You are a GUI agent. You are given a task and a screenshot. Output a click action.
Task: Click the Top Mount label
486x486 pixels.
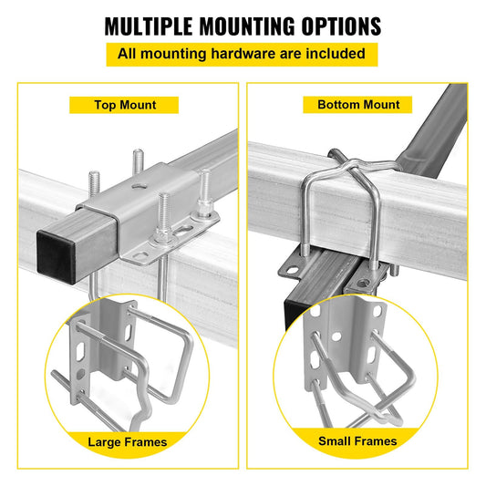click(125, 105)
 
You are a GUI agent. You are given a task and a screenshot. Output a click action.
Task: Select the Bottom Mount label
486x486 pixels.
click(358, 105)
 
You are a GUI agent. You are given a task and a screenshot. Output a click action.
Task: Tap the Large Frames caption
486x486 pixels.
click(127, 441)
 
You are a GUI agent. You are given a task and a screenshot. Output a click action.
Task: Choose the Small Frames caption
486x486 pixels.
click(357, 441)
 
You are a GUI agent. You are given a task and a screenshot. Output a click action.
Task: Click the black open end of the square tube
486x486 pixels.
click(57, 250)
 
